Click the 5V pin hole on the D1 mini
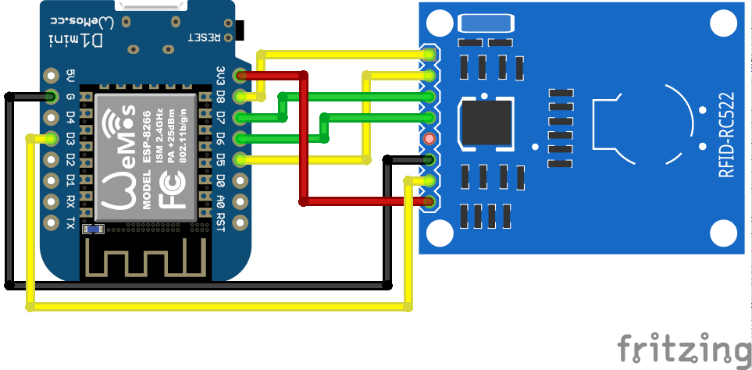52,76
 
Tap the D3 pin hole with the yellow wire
52,139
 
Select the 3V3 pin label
221,76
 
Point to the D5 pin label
221,159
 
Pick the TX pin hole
52,222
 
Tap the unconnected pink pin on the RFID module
428,139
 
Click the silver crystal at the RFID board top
482,24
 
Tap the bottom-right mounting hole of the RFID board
724,233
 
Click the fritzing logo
683,347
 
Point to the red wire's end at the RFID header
428,202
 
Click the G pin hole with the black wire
52,98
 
